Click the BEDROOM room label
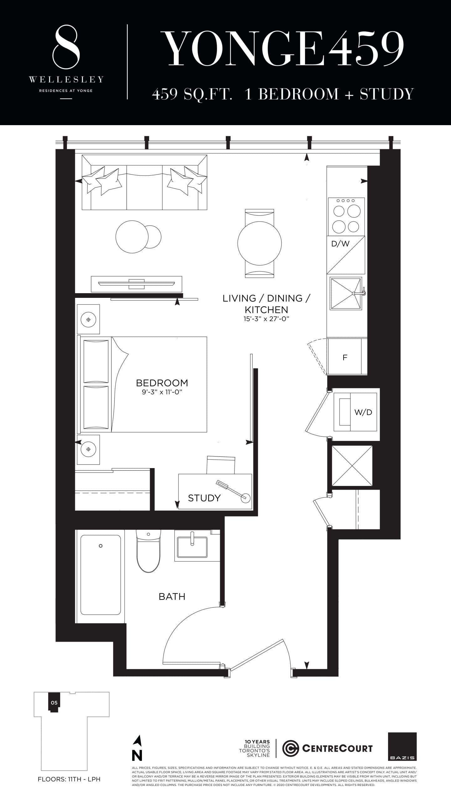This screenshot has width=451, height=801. coord(162,383)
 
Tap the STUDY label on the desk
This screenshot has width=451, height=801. coord(204,498)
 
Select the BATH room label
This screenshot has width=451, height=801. coord(172,596)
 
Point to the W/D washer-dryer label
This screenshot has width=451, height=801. coord(363,412)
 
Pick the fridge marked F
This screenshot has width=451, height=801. coord(345,357)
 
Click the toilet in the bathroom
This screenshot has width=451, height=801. coord(148,551)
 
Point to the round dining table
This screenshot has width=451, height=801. coord(259,243)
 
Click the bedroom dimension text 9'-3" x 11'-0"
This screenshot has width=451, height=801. coord(162,392)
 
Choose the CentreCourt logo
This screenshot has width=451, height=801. coord(327,748)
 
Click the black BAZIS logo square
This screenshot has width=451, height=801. coord(402,746)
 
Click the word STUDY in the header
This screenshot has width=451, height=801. coord(387,94)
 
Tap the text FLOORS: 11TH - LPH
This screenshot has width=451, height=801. coord(69,779)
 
